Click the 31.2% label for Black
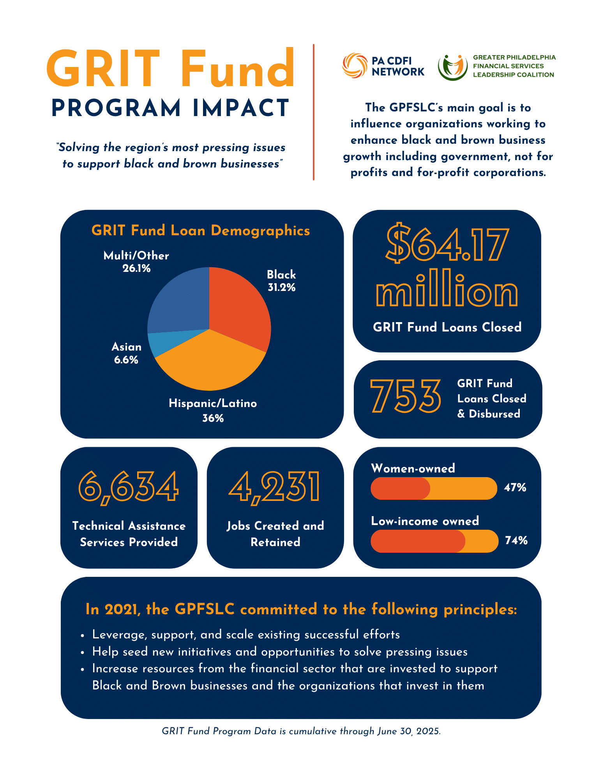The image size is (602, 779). coord(281,288)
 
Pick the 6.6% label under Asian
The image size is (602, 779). coord(126,360)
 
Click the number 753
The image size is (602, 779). coord(405,397)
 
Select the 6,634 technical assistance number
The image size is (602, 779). coord(129,487)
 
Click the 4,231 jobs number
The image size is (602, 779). coord(275,487)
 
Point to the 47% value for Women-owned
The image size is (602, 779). coord(515,488)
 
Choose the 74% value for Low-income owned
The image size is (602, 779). coord(516,541)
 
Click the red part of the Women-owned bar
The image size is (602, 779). coord(399,488)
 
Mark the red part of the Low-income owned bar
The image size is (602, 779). coord(417,541)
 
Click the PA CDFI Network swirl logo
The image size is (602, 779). coord(355,65)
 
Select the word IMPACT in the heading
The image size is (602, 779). coord(241,108)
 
